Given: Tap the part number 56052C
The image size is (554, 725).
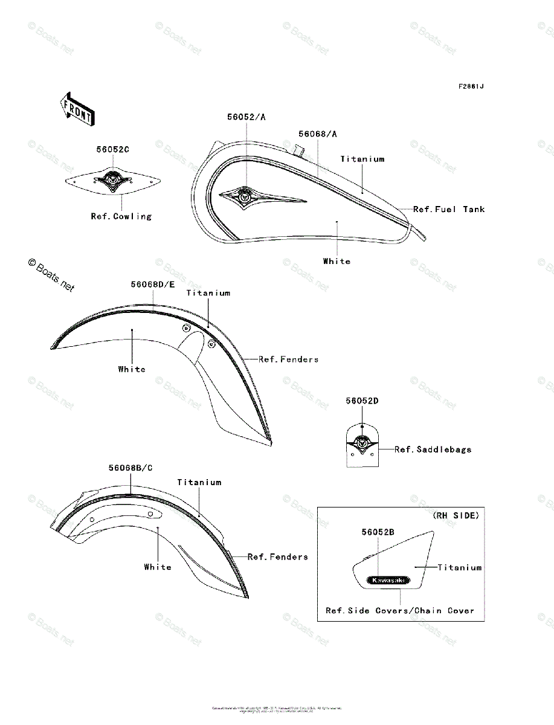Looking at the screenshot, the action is click(x=112, y=149).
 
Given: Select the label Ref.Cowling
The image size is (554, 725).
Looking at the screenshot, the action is click(x=121, y=216).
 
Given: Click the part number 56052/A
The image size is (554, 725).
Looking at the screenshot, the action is click(x=246, y=117).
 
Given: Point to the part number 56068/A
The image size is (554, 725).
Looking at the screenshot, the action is click(x=318, y=134).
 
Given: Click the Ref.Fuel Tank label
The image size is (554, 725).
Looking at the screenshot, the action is click(x=449, y=209).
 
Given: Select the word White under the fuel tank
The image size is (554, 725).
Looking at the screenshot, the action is click(x=337, y=261).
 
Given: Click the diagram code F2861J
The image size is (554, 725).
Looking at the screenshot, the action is click(x=471, y=86).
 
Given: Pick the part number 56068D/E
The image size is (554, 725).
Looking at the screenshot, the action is click(x=153, y=284).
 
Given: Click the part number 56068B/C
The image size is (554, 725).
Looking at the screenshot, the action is click(x=130, y=468).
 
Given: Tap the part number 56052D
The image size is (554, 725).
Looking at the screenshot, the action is click(x=362, y=401).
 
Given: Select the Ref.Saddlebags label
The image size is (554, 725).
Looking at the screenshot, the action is click(x=433, y=449).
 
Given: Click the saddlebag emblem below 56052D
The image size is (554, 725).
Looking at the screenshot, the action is click(x=362, y=443).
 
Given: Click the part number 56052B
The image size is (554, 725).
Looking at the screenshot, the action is click(x=378, y=532).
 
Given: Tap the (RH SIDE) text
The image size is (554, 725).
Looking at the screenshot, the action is click(x=456, y=515).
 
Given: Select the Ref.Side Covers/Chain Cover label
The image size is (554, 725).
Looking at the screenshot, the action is click(x=400, y=611).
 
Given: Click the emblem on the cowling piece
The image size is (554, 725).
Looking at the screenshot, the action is click(x=112, y=179).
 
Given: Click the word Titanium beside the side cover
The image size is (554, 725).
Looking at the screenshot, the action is click(x=460, y=567).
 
